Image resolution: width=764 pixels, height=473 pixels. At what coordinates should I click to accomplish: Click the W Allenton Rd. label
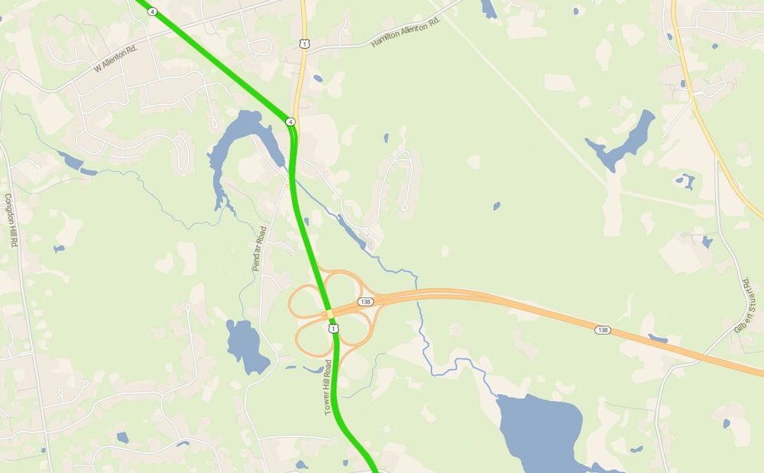click(x=117, y=58)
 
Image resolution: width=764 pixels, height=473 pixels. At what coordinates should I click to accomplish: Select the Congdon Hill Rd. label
click(x=11, y=220)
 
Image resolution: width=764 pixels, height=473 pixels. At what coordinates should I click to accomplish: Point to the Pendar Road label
click(x=258, y=249)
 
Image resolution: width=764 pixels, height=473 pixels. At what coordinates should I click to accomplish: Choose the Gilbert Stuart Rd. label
click(x=745, y=306)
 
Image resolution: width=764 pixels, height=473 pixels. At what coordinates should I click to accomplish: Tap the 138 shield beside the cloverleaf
click(x=365, y=302)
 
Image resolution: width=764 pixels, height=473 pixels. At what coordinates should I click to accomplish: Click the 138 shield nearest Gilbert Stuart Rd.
click(x=603, y=329)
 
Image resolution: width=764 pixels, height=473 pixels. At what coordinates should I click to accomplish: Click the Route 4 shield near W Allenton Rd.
click(x=153, y=11)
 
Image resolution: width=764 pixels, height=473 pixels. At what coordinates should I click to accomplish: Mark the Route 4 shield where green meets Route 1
click(x=290, y=121)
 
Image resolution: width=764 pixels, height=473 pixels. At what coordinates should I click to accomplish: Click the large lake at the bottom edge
click(x=539, y=432)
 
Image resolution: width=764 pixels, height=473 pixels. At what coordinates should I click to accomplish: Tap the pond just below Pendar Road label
click(x=246, y=345)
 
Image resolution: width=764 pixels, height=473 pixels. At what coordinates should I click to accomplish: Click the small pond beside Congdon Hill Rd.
click(x=58, y=248)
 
